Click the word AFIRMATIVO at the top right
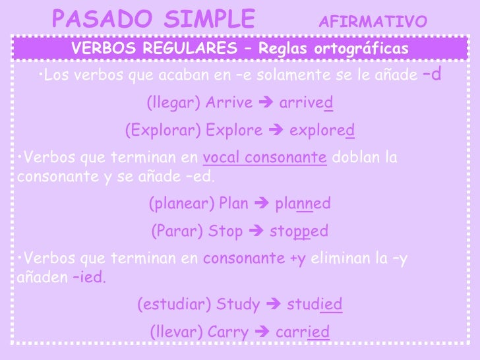[373, 22]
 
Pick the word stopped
[299, 232]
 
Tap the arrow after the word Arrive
[266, 104]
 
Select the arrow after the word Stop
[255, 232]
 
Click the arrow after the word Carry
[259, 332]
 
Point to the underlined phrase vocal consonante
[265, 158]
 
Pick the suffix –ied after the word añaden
[89, 277]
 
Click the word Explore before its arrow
[234, 131]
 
